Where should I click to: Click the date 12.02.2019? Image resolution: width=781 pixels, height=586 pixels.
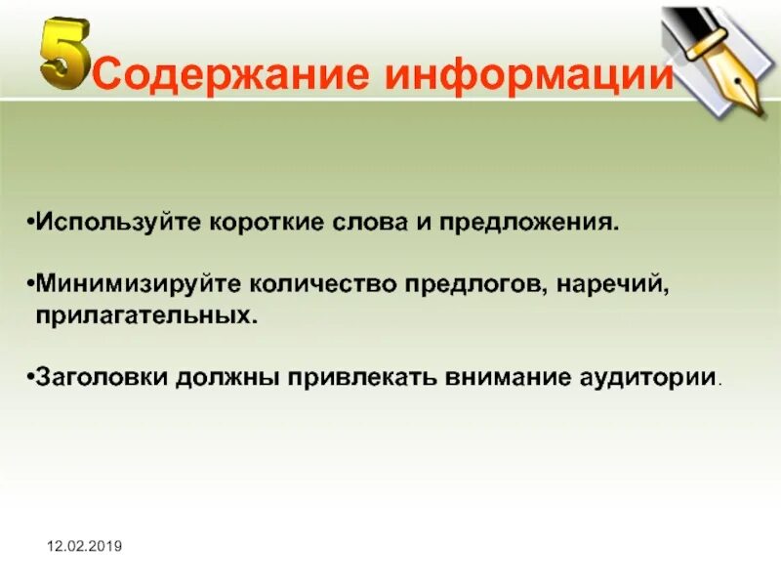tap(83, 546)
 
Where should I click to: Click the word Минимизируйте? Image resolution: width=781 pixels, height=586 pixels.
tap(137, 285)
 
